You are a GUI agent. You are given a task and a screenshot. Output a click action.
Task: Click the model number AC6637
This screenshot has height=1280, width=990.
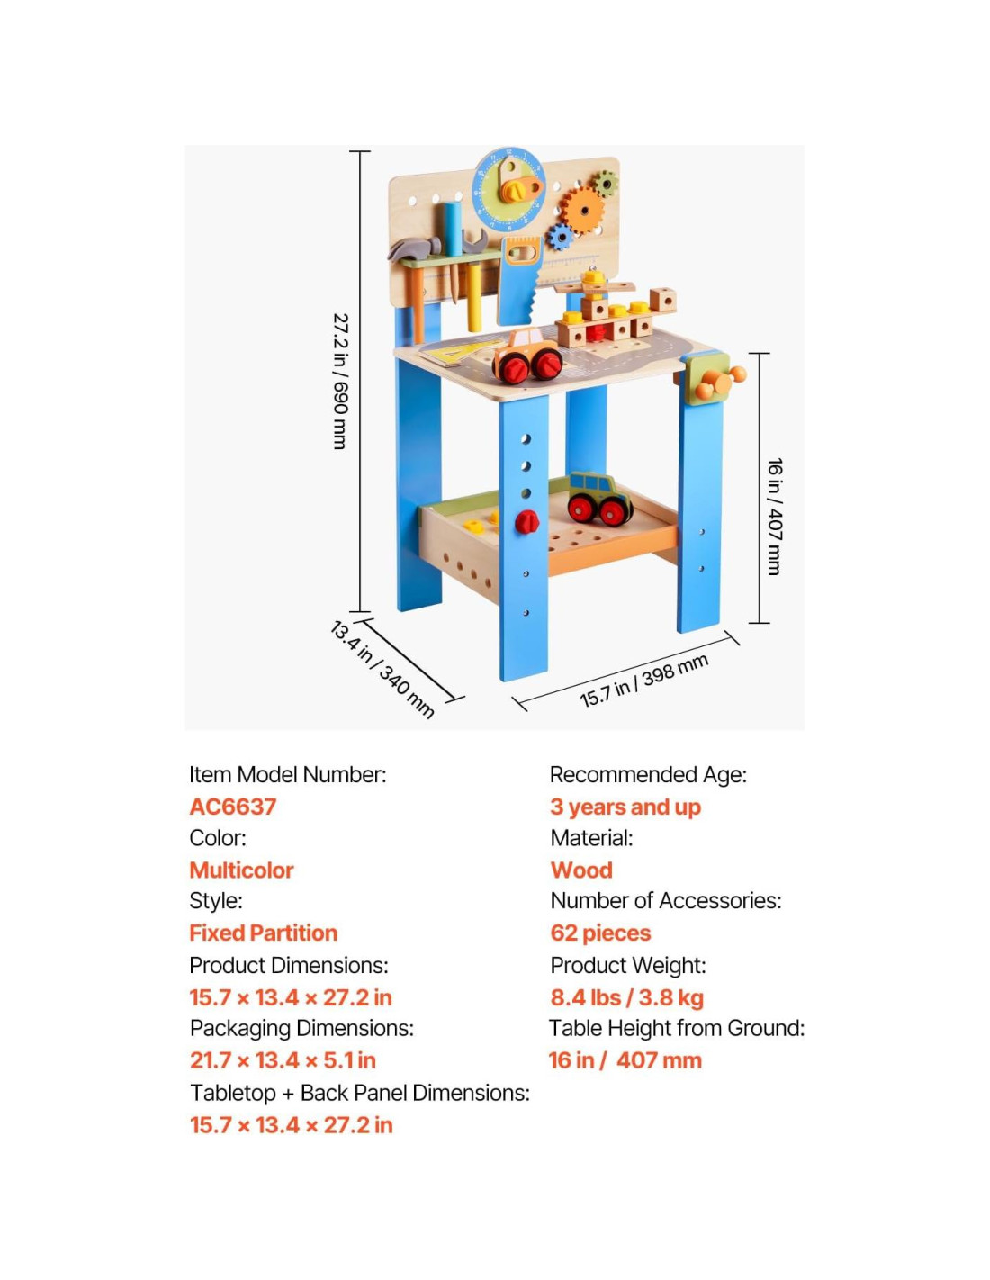[x=232, y=807]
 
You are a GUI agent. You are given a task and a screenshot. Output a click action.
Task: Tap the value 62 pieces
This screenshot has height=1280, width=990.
[x=600, y=933]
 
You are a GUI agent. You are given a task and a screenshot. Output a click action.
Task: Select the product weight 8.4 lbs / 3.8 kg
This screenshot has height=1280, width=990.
[x=626, y=997]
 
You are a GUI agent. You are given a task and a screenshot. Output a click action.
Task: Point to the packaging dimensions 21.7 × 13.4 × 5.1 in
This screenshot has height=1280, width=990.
[x=283, y=1060]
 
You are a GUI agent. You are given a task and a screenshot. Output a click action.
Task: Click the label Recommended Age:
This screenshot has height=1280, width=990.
[x=648, y=775]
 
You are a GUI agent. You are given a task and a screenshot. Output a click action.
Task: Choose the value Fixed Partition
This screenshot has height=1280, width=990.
[x=263, y=933]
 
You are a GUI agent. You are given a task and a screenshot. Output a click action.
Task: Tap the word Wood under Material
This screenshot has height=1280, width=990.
[x=581, y=870]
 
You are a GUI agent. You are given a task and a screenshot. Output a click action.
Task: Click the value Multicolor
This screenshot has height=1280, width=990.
[x=241, y=870]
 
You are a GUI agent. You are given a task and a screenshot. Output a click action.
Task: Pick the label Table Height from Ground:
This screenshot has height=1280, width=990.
[x=677, y=1028]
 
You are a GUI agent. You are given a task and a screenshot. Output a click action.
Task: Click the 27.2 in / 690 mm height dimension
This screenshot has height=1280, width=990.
[x=340, y=382]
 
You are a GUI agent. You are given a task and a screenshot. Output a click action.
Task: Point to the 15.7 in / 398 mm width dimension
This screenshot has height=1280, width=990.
[x=643, y=681]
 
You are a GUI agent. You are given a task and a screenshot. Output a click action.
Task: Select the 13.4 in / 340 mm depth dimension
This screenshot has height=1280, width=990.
[x=382, y=669]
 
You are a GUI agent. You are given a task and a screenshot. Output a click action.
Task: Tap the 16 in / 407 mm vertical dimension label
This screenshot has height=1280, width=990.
[x=774, y=517]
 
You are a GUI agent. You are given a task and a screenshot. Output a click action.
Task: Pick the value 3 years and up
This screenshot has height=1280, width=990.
[x=625, y=807]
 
